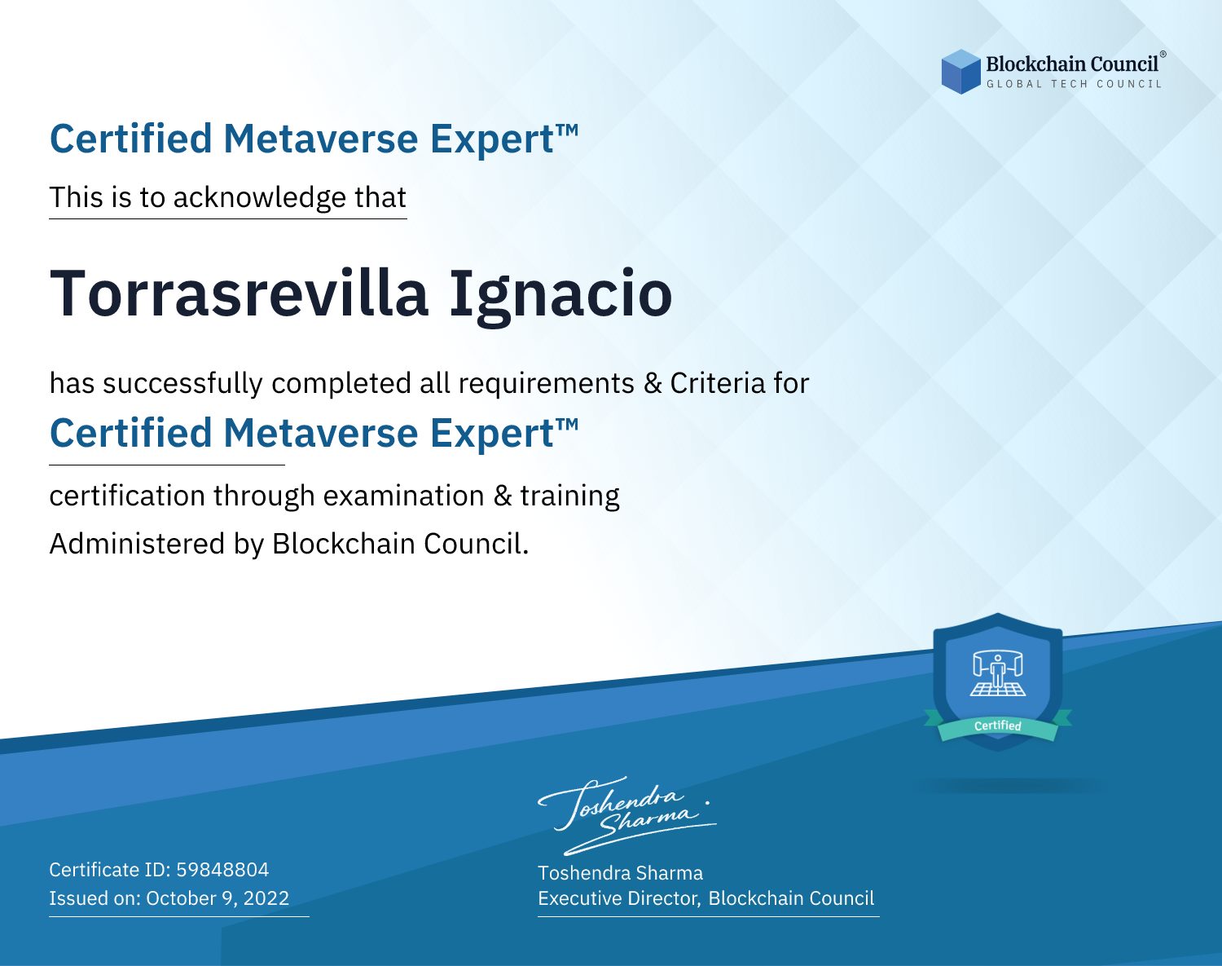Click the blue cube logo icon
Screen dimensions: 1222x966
click(x=960, y=72)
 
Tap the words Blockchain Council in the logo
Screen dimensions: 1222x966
click(x=1072, y=64)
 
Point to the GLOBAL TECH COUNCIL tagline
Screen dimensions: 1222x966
click(x=1075, y=84)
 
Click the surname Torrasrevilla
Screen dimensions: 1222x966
click(x=239, y=293)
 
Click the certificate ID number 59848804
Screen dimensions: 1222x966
click(x=222, y=869)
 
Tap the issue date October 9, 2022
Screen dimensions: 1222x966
click(x=218, y=898)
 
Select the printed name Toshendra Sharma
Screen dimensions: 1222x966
click(x=620, y=873)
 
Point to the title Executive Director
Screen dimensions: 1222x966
click(x=618, y=898)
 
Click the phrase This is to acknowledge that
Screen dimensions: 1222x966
click(x=228, y=198)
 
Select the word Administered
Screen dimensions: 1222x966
click(x=137, y=543)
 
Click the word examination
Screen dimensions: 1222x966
click(x=404, y=496)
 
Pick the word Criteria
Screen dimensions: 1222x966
click(x=717, y=383)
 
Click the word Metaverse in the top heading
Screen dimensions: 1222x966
click(x=321, y=139)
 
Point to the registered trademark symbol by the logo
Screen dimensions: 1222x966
click(x=1163, y=54)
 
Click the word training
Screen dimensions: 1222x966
click(x=569, y=496)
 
